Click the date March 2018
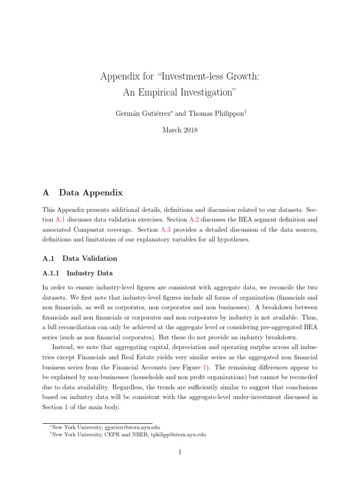[x=180, y=130]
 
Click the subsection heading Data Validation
[x=90, y=258]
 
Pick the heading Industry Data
[x=90, y=273]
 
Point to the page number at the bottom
[x=180, y=452]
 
